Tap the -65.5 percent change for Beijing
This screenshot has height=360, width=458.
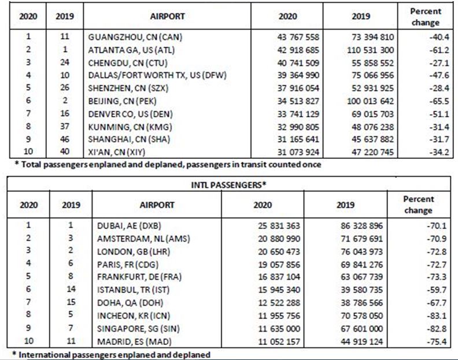pyautogui.click(x=429, y=101)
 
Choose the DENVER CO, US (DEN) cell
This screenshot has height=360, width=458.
pyautogui.click(x=128, y=113)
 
